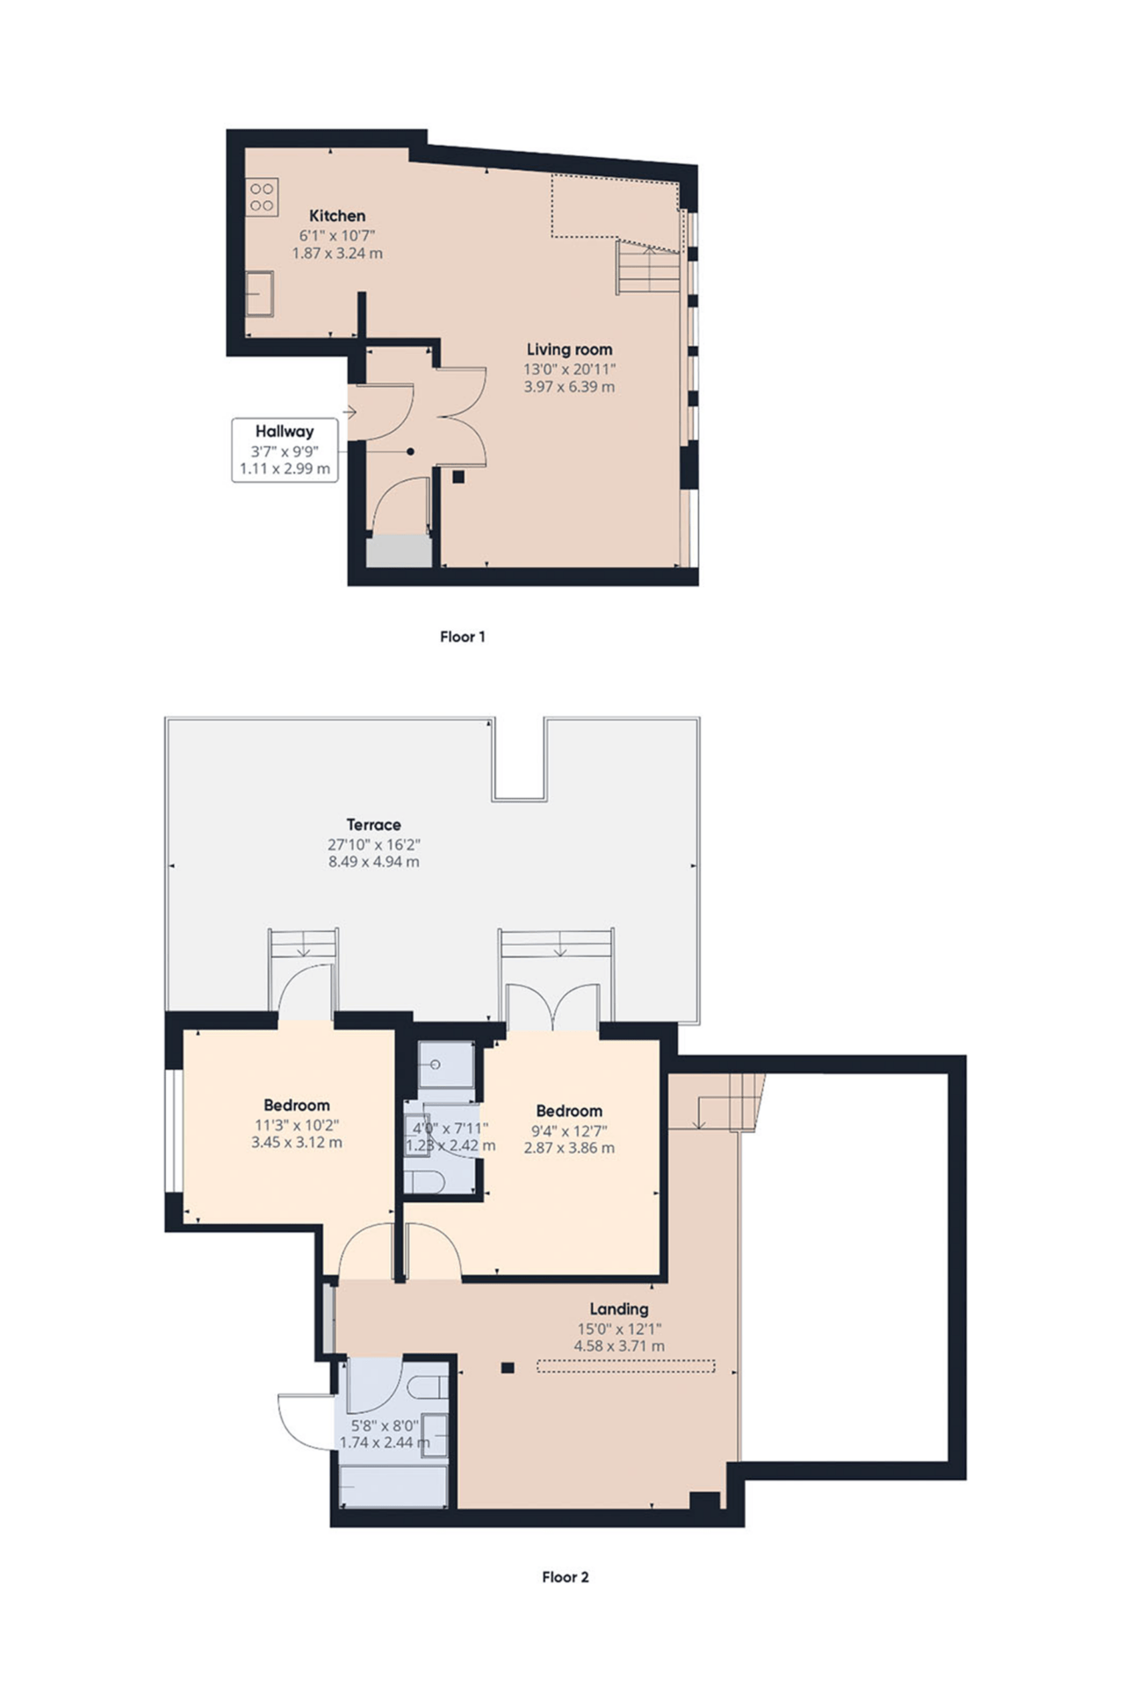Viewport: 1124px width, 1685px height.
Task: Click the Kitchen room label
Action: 337,216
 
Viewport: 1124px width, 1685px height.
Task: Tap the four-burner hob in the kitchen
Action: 262,197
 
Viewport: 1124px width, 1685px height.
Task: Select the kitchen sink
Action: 259,293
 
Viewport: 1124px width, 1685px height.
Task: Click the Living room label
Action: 569,349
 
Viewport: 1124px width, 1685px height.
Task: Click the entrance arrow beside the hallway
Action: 350,412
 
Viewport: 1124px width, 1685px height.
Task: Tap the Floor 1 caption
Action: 463,637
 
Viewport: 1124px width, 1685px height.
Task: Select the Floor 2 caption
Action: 566,1577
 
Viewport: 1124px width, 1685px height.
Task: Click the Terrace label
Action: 374,825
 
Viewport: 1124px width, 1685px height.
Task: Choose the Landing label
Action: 619,1309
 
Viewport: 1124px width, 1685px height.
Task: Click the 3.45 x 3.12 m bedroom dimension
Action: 297,1143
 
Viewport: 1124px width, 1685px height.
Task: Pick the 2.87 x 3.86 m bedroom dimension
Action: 569,1148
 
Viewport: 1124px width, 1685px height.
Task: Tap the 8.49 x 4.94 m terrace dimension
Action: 374,862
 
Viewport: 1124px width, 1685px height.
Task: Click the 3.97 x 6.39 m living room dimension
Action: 569,386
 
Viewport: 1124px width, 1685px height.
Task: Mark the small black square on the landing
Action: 507,1367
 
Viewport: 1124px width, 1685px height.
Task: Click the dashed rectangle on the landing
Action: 625,1366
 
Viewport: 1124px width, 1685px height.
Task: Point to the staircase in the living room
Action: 649,267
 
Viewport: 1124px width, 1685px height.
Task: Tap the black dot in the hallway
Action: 410,452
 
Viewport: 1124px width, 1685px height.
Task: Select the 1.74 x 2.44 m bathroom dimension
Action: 385,1443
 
